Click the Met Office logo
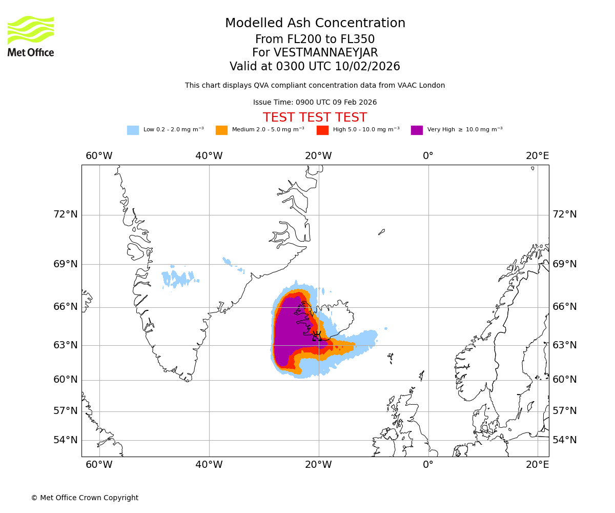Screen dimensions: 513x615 (31, 36)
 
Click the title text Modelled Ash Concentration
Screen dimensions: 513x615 (315, 24)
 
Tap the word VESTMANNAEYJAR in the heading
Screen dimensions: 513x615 (325, 53)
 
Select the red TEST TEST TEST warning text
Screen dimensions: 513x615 (315, 118)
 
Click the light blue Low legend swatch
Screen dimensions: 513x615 (133, 130)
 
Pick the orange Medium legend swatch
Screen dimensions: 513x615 (221, 130)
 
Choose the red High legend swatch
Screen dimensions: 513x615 (322, 130)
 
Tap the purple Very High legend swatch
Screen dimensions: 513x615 (417, 130)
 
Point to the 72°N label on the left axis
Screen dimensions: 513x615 (66, 214)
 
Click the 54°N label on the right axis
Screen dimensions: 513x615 (564, 440)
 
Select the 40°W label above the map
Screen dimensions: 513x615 (209, 156)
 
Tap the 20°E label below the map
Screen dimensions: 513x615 (537, 465)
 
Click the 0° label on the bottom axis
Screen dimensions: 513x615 (428, 465)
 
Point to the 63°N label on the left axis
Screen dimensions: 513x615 (66, 345)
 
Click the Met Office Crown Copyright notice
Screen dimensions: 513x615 (85, 498)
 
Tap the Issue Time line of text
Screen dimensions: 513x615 (315, 103)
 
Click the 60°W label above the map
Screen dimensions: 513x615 (99, 156)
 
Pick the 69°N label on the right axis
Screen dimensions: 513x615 (564, 264)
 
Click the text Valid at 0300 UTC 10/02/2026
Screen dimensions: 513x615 (315, 67)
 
